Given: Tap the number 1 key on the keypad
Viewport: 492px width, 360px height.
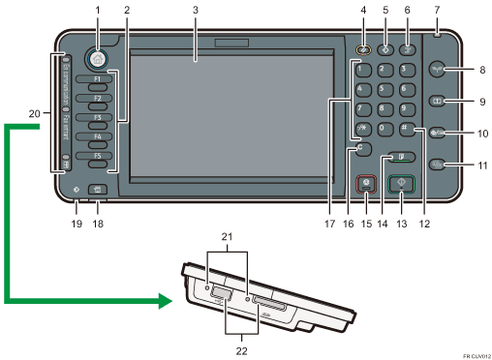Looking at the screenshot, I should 363,70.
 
